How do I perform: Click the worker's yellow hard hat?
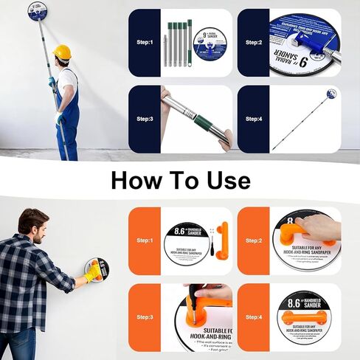(63, 52)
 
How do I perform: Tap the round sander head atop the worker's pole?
(38, 10)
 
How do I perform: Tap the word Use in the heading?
(224, 180)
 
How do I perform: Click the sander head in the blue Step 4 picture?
(332, 94)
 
